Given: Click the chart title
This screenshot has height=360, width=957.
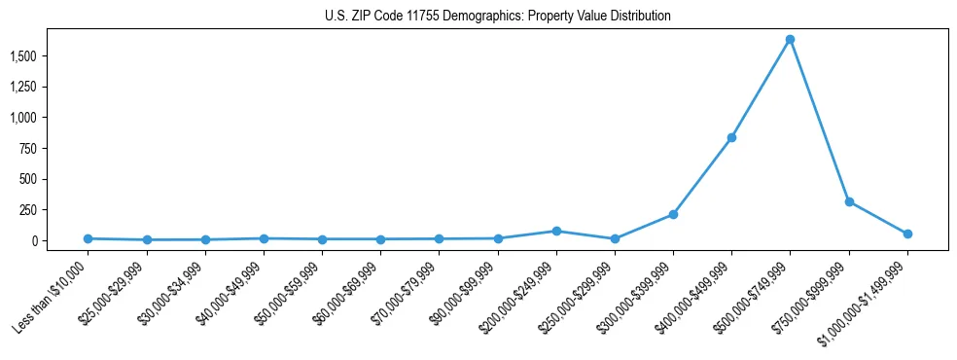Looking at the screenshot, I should click(497, 17).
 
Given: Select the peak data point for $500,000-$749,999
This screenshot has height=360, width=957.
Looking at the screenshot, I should click(790, 40).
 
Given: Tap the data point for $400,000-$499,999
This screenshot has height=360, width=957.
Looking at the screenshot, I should click(731, 137).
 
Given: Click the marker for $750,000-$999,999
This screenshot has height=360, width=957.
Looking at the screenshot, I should click(849, 201).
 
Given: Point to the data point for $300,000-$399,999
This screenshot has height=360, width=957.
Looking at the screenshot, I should click(673, 214).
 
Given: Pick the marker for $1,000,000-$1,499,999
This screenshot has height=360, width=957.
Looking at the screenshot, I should click(907, 234).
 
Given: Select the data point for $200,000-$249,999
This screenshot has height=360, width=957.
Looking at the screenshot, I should click(556, 231).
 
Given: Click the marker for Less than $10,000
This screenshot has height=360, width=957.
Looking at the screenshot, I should click(88, 238).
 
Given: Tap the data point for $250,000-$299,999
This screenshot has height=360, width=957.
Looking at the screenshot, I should click(615, 238).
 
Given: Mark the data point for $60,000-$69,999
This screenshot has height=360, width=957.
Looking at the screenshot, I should click(380, 239).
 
